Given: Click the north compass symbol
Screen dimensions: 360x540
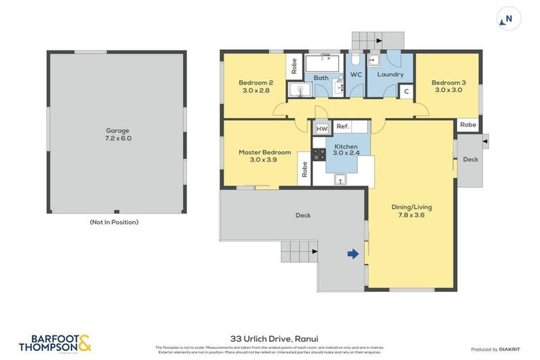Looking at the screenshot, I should [x=508, y=19].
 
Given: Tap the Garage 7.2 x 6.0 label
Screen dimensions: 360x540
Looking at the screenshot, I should [x=118, y=134].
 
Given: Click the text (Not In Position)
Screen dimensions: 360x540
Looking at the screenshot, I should [x=114, y=222].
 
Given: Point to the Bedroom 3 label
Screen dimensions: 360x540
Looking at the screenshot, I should [x=448, y=86].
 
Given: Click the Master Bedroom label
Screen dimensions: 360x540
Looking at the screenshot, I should [x=264, y=155].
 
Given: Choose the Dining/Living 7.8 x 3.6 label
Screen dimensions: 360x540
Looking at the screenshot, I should [x=411, y=211].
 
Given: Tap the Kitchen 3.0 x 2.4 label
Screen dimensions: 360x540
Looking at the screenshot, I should [x=346, y=149].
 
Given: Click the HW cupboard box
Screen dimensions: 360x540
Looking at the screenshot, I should [x=322, y=129].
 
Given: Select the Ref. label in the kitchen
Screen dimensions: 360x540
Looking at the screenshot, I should [x=342, y=127].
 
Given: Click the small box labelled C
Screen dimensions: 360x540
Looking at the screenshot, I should [x=406, y=91].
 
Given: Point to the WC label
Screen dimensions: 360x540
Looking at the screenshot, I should [x=356, y=75].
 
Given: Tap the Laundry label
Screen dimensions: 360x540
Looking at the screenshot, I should [x=390, y=75].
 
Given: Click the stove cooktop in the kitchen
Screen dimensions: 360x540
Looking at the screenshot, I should [x=319, y=154].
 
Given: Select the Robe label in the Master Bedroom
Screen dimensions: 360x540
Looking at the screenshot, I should [x=304, y=169].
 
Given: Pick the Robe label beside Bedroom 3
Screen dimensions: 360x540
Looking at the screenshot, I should [x=468, y=124].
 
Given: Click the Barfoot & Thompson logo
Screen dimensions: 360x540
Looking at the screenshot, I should [x=55, y=343].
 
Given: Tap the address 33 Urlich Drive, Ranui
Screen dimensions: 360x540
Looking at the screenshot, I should [x=269, y=337].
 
